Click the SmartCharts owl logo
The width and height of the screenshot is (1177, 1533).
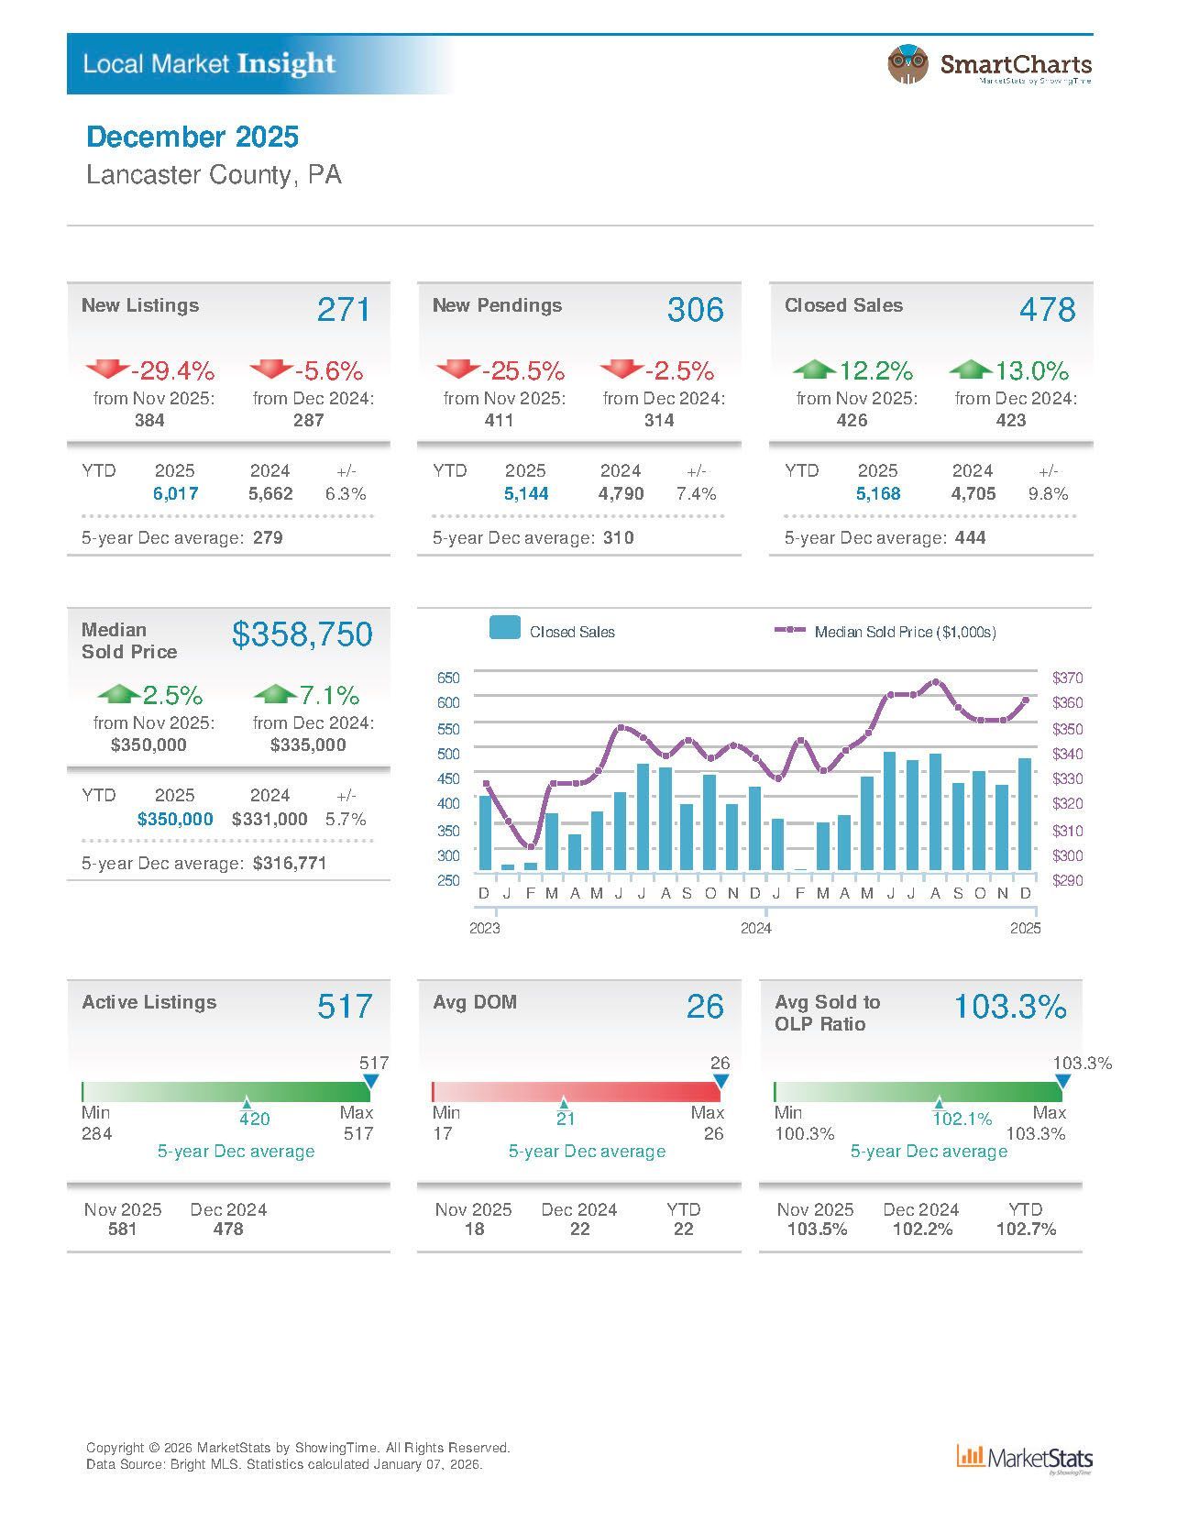pyautogui.click(x=907, y=64)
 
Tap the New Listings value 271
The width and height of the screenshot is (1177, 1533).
pyautogui.click(x=344, y=310)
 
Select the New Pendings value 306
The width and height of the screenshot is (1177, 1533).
pyautogui.click(x=695, y=310)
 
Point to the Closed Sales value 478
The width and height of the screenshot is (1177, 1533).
pyautogui.click(x=1047, y=310)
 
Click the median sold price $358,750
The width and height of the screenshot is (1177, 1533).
pyautogui.click(x=302, y=634)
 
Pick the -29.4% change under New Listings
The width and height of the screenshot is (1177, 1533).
pyautogui.click(x=172, y=371)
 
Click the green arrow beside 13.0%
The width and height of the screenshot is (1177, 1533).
pyautogui.click(x=970, y=369)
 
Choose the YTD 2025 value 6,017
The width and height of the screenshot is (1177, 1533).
pyautogui.click(x=175, y=493)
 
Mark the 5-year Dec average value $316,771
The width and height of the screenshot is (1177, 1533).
pyautogui.click(x=290, y=863)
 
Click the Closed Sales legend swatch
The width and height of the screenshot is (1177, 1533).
pyautogui.click(x=505, y=628)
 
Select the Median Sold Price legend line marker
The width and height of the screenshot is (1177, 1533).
pyautogui.click(x=790, y=631)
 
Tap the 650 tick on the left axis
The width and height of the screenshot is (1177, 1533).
pyautogui.click(x=448, y=678)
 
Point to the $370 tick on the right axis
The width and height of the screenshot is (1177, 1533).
pyautogui.click(x=1067, y=678)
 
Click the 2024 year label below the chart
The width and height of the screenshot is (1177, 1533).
pyautogui.click(x=755, y=928)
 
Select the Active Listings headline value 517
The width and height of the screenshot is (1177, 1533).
pyautogui.click(x=345, y=1007)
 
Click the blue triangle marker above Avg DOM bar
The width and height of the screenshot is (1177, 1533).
pyautogui.click(x=720, y=1082)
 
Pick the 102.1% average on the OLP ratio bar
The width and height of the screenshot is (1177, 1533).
pyautogui.click(x=962, y=1119)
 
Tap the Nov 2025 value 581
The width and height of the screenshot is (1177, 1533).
pyautogui.click(x=123, y=1229)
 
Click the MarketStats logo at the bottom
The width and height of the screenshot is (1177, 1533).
pyautogui.click(x=1025, y=1458)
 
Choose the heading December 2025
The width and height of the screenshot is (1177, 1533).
pyautogui.click(x=192, y=138)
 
